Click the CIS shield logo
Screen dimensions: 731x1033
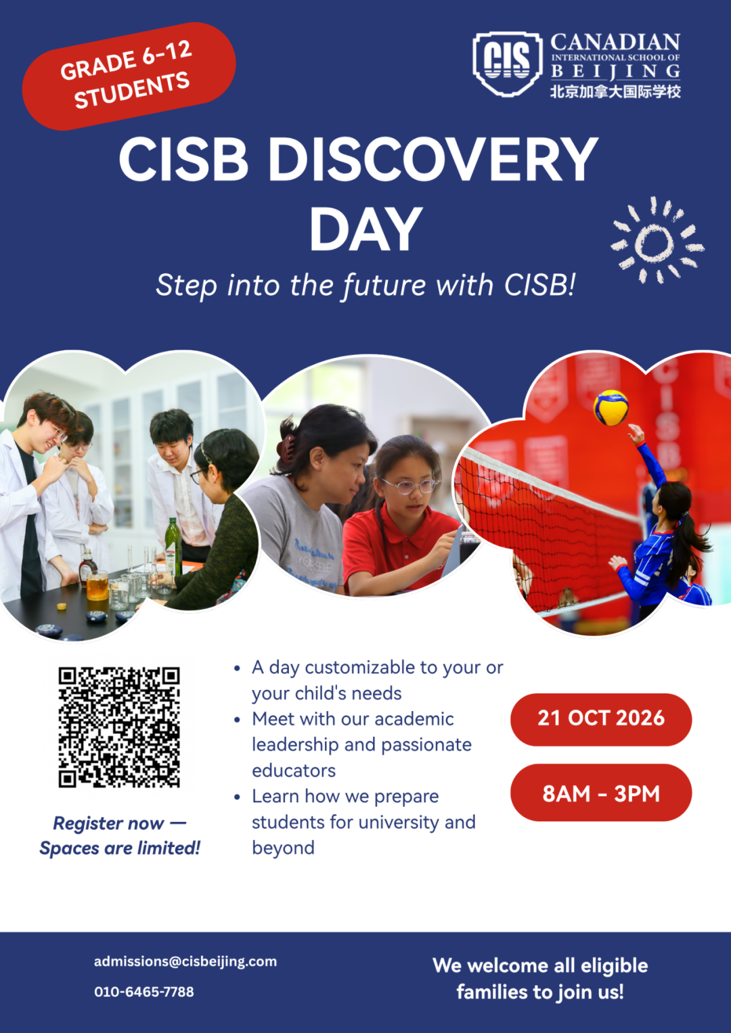pos(507,64)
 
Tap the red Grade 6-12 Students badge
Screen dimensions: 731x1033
pos(129,76)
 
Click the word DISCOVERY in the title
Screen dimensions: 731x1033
pos(433,160)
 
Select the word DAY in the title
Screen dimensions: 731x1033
pos(366,229)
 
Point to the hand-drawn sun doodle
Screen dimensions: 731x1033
pos(657,240)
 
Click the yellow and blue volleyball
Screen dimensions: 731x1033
pos(611,408)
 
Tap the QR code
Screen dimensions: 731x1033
pos(119,727)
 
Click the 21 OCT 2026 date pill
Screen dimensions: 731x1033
pos(601,718)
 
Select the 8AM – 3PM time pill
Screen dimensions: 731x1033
pos(601,794)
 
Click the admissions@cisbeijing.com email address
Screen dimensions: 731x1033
pos(185,962)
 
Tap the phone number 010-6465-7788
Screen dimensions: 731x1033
pos(144,992)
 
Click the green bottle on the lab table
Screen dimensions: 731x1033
pos(172,547)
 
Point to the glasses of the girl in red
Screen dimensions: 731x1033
pos(408,486)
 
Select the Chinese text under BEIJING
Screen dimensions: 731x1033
pos(615,91)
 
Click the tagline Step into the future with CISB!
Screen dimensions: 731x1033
pos(365,285)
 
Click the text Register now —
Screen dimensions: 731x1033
pos(120,823)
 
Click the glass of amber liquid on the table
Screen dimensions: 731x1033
pos(97,586)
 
